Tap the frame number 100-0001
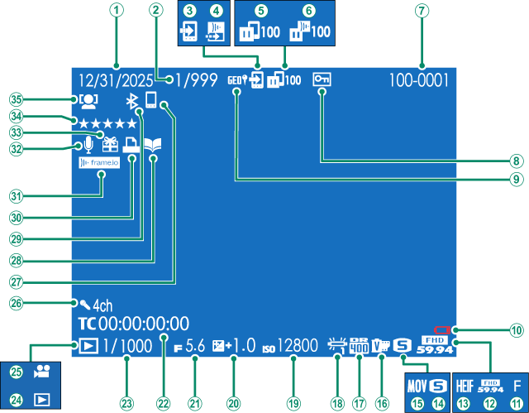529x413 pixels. click(420, 81)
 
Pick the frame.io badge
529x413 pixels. click(98, 164)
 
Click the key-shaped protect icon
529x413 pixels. click(321, 81)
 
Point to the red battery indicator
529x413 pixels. click(442, 331)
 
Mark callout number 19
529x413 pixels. click(292, 380)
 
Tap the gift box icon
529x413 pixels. click(109, 143)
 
